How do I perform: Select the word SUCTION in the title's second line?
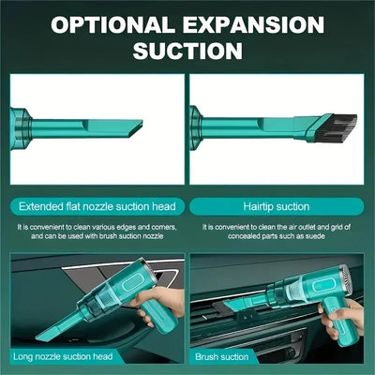pos(187,50)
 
